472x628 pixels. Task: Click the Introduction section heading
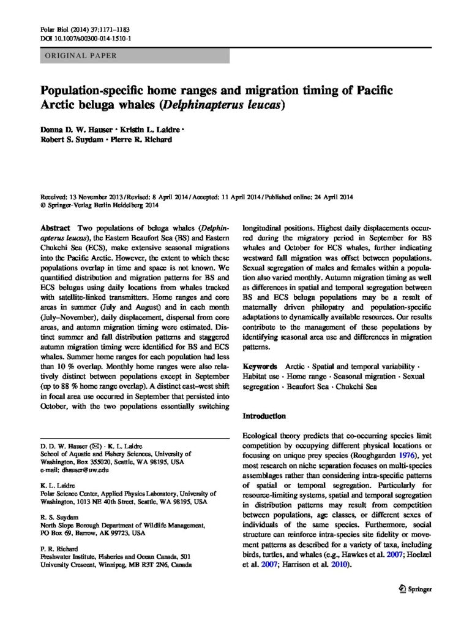tap(264, 416)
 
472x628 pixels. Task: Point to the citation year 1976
tap(395, 456)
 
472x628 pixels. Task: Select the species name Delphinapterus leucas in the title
tap(223, 105)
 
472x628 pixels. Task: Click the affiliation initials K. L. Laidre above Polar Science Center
tap(55, 484)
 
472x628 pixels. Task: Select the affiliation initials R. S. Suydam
tap(55, 518)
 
